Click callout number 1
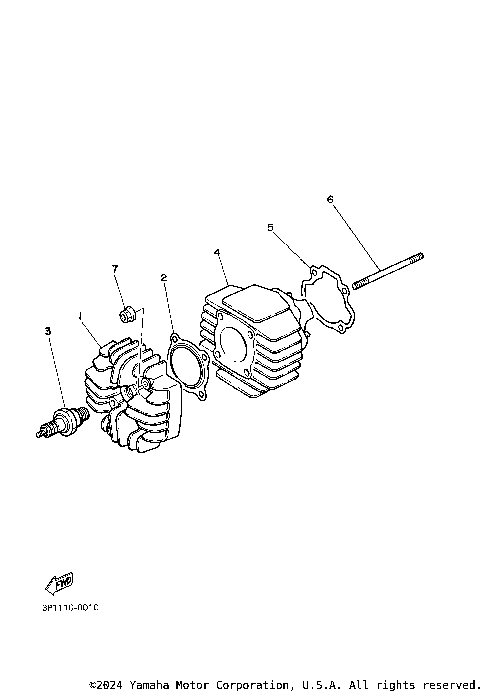pyautogui.click(x=79, y=315)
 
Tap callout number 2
pyautogui.click(x=163, y=277)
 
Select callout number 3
pyautogui.click(x=46, y=330)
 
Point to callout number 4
pyautogui.click(x=217, y=253)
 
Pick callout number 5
pyautogui.click(x=270, y=228)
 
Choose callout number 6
pyautogui.click(x=329, y=198)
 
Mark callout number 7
pyautogui.click(x=115, y=269)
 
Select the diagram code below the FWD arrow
pyautogui.click(x=71, y=606)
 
